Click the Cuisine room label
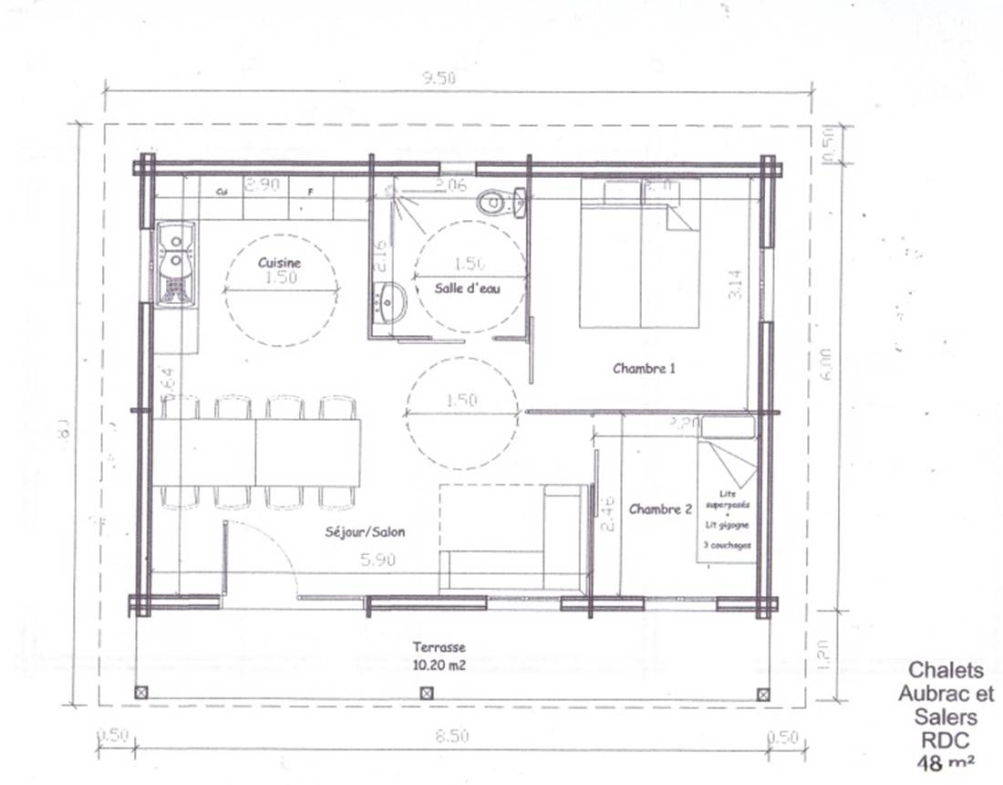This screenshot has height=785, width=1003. [x=279, y=262]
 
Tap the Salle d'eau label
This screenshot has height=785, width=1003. [x=469, y=288]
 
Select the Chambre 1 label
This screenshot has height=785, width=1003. [x=644, y=369]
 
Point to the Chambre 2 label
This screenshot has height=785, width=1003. [x=660, y=510]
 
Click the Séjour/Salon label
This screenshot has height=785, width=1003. [x=365, y=532]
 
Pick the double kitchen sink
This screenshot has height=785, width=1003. [x=174, y=263]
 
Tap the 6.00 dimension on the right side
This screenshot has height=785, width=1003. [x=826, y=365]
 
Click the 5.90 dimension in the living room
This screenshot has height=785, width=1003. [x=377, y=561]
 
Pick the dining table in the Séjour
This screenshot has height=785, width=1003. [x=257, y=451]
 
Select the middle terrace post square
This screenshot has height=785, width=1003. [x=426, y=693]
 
